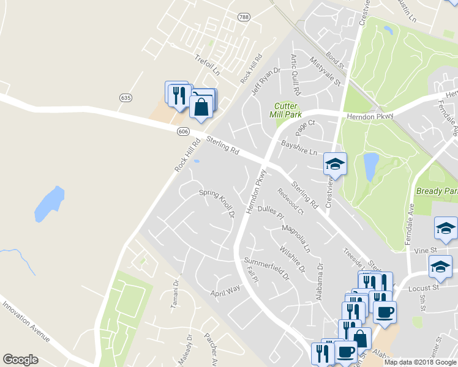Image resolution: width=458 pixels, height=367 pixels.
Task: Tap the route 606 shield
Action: (182, 132)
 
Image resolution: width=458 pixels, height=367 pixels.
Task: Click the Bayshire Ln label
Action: (299, 147)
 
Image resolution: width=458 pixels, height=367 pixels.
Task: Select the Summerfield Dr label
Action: (268, 269)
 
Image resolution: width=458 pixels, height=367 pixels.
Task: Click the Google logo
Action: (20, 360)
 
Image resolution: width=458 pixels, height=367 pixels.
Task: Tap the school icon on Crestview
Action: (335, 164)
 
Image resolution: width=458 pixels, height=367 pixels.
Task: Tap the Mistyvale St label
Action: (325, 72)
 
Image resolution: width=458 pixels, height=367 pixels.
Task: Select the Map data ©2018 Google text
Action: (419, 362)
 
